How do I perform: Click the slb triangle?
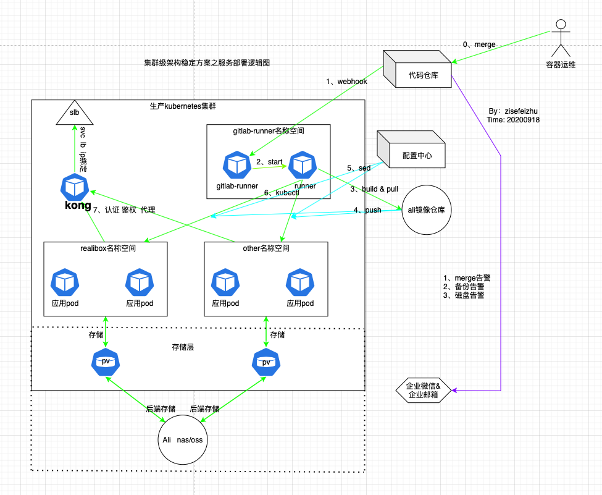[74, 113]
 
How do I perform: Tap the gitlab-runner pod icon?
[237, 164]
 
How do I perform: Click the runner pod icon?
[303, 164]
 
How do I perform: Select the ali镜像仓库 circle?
[427, 210]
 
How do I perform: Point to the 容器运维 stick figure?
[560, 38]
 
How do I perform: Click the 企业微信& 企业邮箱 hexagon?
[424, 390]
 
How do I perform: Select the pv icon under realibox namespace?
[106, 361]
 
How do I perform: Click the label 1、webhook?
[346, 82]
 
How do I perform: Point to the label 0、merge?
[479, 44]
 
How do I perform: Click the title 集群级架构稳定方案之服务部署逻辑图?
[207, 63]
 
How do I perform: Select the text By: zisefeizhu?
[513, 111]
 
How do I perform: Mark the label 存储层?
[182, 348]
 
